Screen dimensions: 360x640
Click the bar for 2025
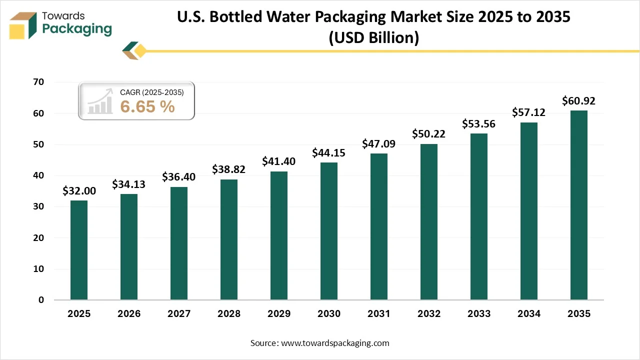pos(79,250)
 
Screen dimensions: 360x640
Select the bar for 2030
pos(329,231)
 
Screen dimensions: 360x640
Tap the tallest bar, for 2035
pos(579,205)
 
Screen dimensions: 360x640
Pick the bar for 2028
pos(229,239)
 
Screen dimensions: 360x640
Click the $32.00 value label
pos(79,190)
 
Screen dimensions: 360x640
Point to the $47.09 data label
pos(379,144)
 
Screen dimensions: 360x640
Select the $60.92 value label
pos(579,101)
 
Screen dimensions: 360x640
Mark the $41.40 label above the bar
pos(279,161)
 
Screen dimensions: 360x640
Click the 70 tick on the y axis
pos(38,82)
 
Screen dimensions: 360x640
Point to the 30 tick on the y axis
pos(38,206)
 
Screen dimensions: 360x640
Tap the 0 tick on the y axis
pos(41,300)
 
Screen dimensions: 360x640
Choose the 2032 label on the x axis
pos(429,314)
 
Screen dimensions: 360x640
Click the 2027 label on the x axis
pos(179,314)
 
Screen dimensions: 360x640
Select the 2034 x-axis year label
pos(529,314)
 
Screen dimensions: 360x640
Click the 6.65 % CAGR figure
pos(147,106)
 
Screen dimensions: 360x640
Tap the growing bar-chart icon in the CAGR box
pos(100,101)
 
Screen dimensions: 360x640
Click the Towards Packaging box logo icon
pos(24,25)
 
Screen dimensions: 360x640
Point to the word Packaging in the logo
pos(77,29)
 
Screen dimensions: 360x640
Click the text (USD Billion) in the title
pos(373,38)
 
